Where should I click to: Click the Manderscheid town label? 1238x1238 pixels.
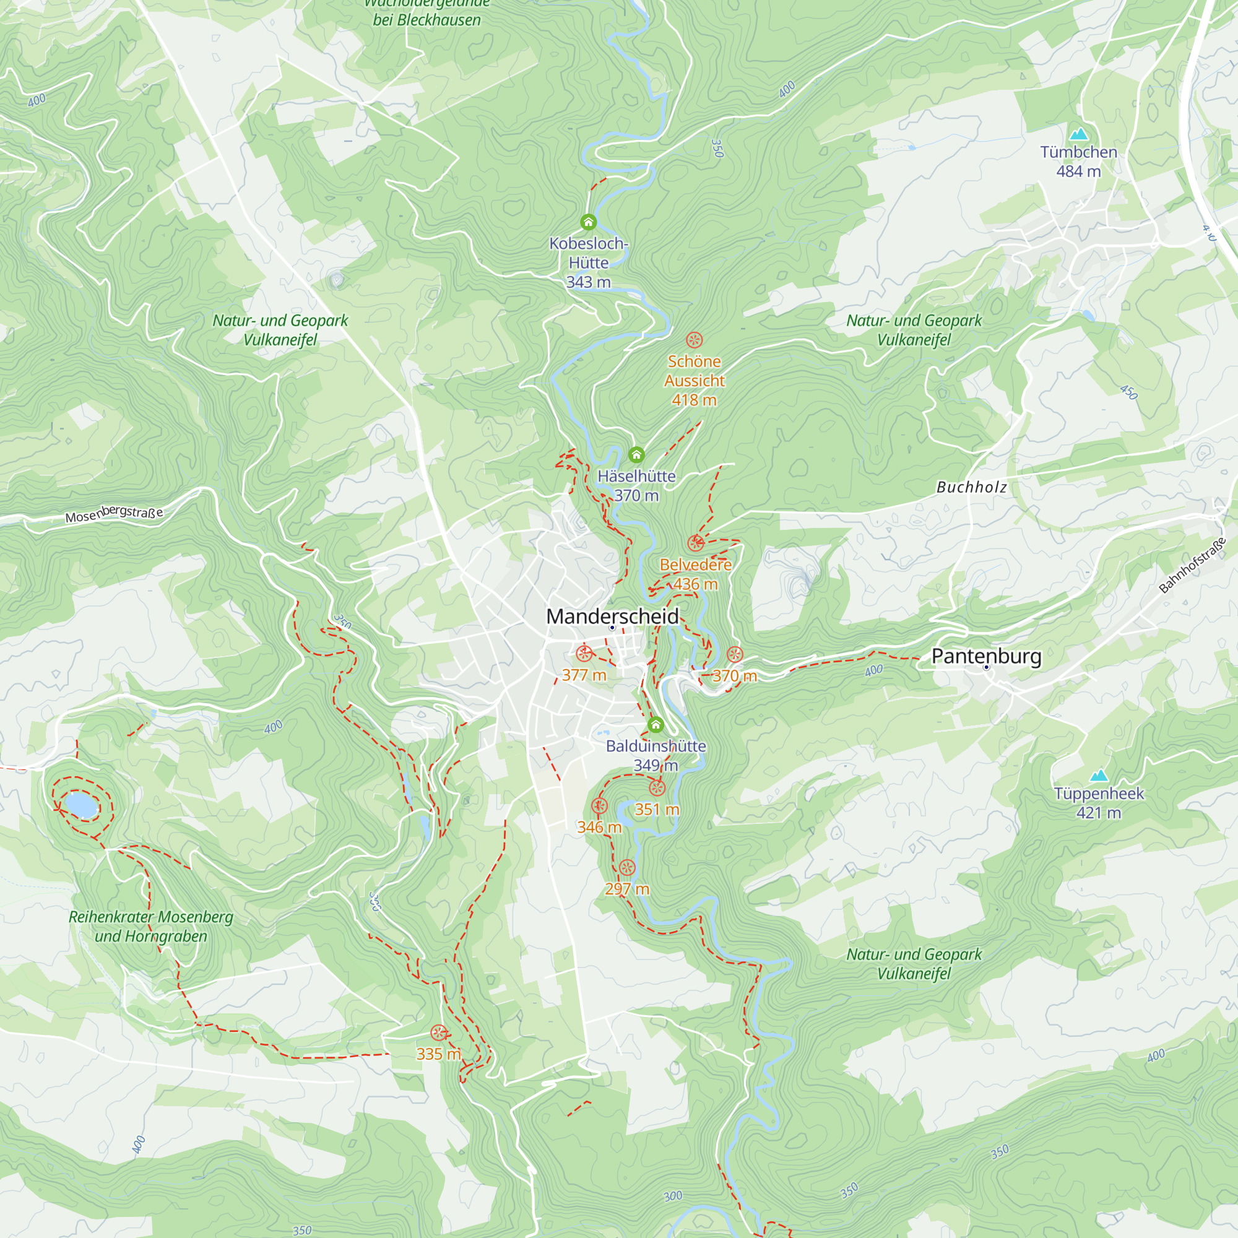point(612,617)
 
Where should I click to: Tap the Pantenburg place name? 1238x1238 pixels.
point(986,656)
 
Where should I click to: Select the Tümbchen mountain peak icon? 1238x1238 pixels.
point(1078,134)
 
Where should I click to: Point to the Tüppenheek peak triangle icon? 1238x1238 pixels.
point(1098,776)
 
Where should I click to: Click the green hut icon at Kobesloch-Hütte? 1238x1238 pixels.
point(588,222)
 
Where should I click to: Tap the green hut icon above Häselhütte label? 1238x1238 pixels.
point(636,455)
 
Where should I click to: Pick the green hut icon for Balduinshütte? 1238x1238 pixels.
point(655,725)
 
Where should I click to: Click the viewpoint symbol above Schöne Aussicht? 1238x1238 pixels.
point(694,340)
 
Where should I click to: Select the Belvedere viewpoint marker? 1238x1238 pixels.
point(695,543)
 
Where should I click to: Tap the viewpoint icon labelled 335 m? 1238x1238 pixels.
point(438,1033)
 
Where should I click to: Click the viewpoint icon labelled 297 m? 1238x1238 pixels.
point(626,868)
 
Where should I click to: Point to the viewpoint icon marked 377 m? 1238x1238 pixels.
point(584,654)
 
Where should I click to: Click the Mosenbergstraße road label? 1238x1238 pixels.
point(114,513)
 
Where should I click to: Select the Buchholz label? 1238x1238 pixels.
point(971,488)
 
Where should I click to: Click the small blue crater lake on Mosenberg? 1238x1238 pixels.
point(80,805)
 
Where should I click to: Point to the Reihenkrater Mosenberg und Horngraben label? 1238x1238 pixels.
point(150,927)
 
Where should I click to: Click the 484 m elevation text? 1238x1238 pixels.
point(1078,171)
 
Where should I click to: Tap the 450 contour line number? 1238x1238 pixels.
point(1128,392)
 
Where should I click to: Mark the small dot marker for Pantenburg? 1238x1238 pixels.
point(986,668)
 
